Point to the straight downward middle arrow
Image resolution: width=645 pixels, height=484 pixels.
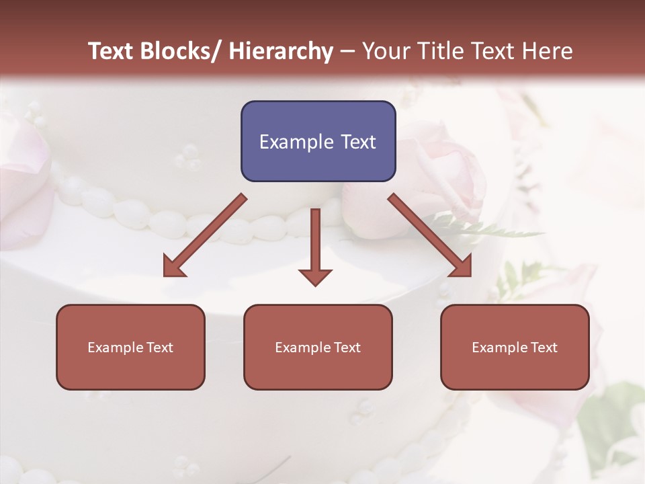tap(315, 242)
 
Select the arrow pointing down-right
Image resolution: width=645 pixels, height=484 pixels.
tap(430, 235)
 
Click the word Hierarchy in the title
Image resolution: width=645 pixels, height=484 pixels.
tap(281, 52)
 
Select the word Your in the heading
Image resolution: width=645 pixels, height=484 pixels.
tap(386, 52)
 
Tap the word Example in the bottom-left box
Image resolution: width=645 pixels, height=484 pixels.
tap(116, 348)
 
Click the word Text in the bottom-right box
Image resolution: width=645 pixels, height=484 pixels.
tap(544, 348)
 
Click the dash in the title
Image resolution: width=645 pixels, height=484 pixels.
tap(347, 52)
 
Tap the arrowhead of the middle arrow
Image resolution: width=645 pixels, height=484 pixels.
tap(315, 277)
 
